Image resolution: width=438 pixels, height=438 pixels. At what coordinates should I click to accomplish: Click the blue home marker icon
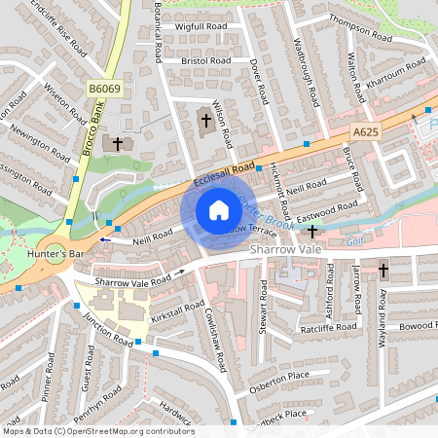coord(219,210)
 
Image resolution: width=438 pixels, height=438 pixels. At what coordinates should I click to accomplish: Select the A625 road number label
coord(365,131)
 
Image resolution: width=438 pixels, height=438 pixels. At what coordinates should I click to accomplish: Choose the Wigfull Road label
coord(201,26)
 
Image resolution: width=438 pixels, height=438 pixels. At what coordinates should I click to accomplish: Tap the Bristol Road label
coord(206,60)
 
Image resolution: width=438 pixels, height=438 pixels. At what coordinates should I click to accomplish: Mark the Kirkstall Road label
coord(177,308)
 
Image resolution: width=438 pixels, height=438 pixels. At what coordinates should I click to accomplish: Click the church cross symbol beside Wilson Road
coord(204,121)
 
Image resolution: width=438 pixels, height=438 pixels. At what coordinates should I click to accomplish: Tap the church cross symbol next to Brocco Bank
coord(118,143)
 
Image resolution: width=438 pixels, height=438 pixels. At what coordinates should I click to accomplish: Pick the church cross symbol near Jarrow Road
coord(383,269)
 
